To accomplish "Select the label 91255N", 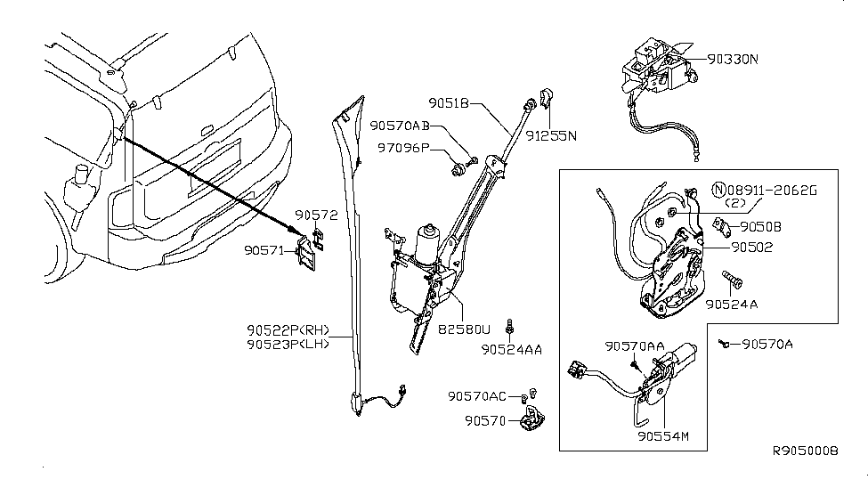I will click(550, 136).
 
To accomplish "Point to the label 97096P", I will click(402, 148).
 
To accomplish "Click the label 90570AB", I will click(402, 126).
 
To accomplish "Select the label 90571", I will click(265, 251).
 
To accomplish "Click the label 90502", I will click(752, 248).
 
